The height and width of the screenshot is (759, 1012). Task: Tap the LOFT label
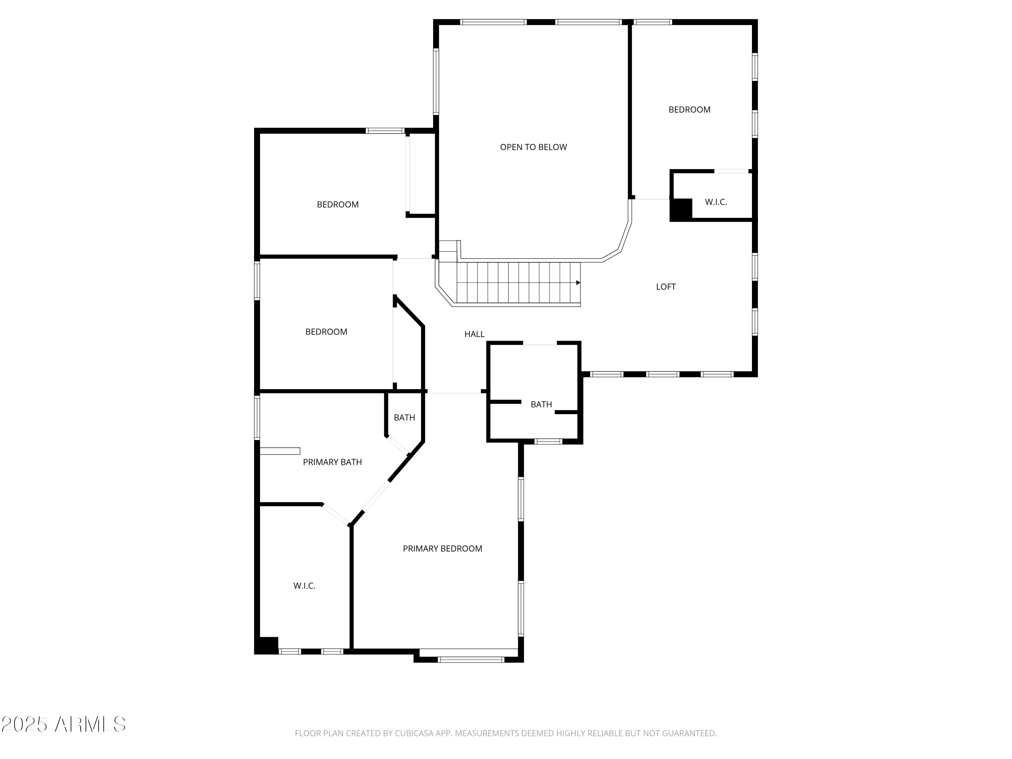[x=666, y=286]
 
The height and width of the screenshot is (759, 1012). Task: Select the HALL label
[x=474, y=334]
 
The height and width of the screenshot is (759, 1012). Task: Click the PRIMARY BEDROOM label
[x=442, y=548]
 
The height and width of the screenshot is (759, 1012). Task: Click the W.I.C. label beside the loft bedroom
[x=715, y=202]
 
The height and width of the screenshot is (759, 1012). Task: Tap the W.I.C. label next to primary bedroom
[x=304, y=586]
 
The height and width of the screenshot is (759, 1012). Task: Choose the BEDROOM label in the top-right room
[x=690, y=109]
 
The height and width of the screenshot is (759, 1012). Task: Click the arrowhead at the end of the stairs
[x=578, y=283]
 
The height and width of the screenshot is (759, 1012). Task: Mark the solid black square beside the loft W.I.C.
[x=681, y=210]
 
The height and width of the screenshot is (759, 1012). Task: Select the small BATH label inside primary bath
[x=404, y=417]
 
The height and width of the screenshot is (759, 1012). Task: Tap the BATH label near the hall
[x=541, y=404]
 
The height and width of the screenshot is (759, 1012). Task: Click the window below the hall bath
[x=549, y=442]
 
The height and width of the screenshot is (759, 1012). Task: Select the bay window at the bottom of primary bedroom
[x=471, y=659]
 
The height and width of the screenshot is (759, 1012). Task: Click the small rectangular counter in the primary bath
[x=280, y=451]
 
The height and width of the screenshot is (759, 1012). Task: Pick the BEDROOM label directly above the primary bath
[x=326, y=332]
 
